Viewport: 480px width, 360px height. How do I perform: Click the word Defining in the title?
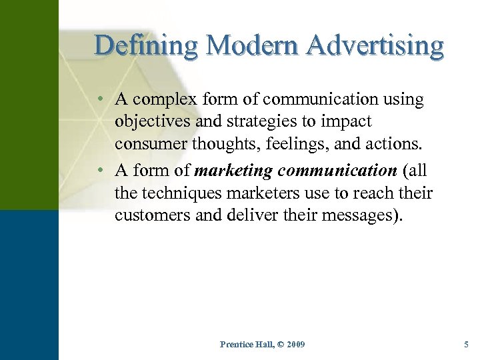[x=145, y=45]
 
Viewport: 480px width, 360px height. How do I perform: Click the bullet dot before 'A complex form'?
[x=99, y=100]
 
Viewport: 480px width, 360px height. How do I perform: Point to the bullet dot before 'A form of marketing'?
[x=99, y=171]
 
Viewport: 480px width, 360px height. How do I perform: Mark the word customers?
[x=149, y=215]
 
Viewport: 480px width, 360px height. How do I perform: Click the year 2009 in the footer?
[x=293, y=344]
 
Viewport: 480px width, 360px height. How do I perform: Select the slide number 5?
[x=466, y=344]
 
